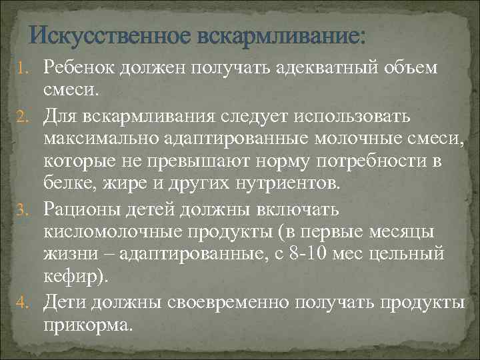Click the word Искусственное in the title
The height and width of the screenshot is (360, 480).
(111, 34)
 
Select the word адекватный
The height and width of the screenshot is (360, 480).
(315, 67)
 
